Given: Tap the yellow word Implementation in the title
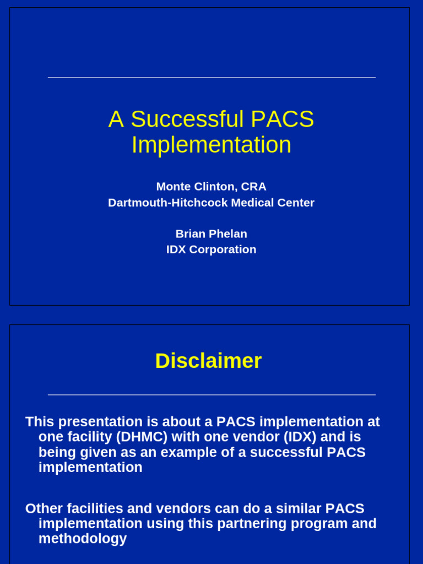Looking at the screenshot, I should click(x=211, y=145).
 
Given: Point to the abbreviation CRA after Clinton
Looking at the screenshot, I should click(x=253, y=187).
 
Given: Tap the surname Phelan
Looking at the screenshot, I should click(x=229, y=234).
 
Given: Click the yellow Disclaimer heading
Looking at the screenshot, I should click(x=208, y=361).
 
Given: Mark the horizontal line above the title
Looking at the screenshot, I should click(x=211, y=78).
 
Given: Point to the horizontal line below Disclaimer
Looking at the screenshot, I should click(x=211, y=395).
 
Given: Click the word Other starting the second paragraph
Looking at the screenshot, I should click(x=44, y=508).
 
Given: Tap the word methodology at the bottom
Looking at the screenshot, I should click(x=83, y=539).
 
